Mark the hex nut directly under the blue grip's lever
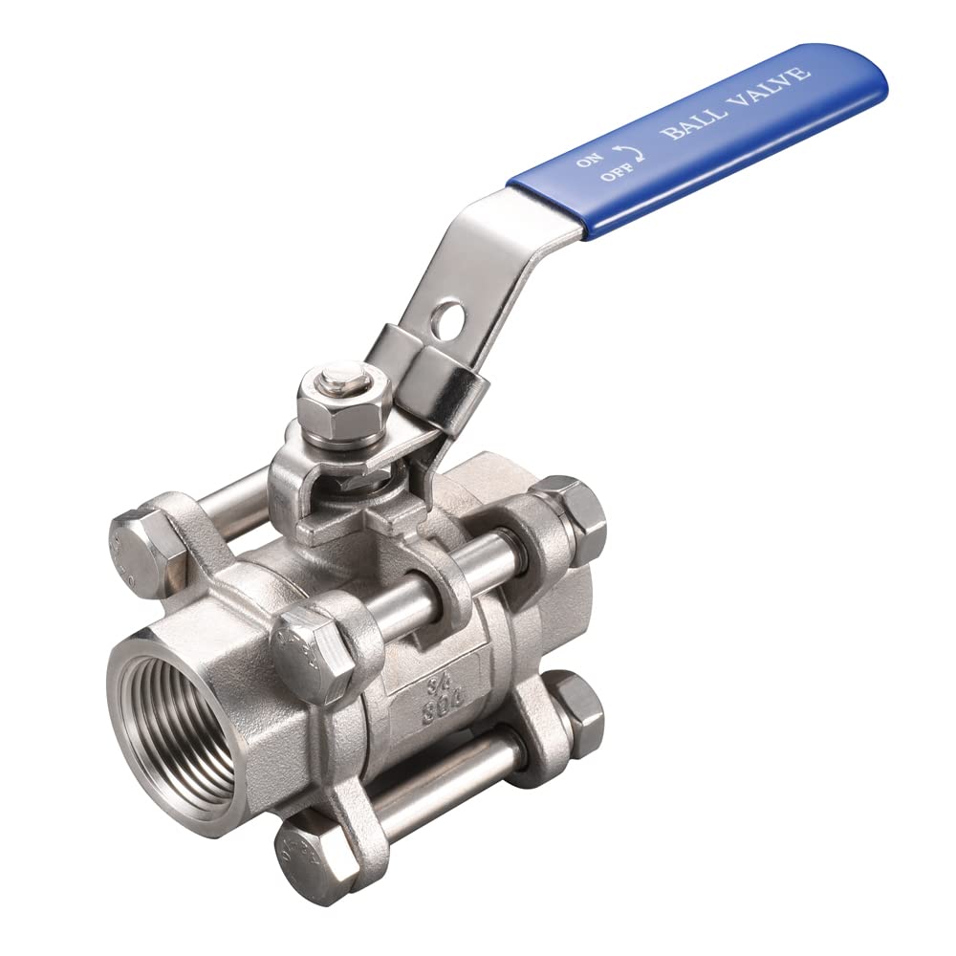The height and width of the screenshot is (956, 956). pos(578,516)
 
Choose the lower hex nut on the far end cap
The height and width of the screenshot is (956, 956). pos(576,709)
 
